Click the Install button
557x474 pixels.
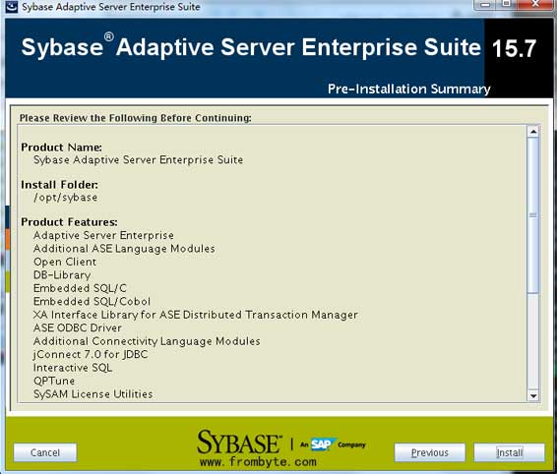(x=509, y=452)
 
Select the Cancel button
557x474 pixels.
(x=45, y=452)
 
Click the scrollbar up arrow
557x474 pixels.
(x=532, y=132)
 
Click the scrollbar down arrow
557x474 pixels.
(x=532, y=396)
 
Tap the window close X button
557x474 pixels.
(x=535, y=4)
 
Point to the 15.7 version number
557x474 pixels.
(x=514, y=48)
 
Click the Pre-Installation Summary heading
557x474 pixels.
(x=408, y=89)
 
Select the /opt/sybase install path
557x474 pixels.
(x=65, y=198)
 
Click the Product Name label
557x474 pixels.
(x=61, y=147)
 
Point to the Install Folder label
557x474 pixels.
(x=60, y=185)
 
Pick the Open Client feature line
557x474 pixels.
(x=65, y=262)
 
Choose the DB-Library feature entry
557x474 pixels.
(x=62, y=275)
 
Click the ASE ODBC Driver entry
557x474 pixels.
(x=78, y=327)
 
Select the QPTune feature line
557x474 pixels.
(x=54, y=381)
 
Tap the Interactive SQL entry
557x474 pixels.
(x=73, y=368)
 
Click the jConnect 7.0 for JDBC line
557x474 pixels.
(x=91, y=354)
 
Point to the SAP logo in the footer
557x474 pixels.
(x=321, y=444)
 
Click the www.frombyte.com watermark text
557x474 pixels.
(x=258, y=462)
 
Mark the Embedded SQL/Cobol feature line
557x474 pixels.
(x=92, y=302)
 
